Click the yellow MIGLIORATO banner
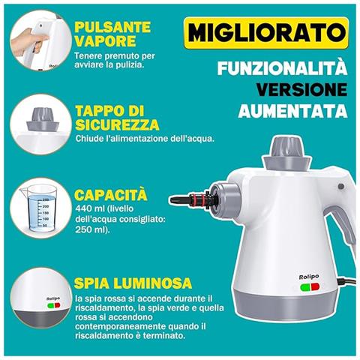266,34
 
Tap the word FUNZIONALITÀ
283,70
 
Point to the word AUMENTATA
293,111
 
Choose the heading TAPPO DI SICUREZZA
115,117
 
